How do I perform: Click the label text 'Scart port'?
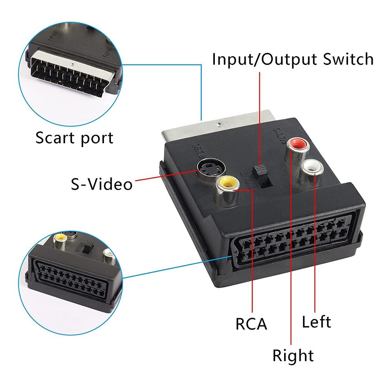[74, 138]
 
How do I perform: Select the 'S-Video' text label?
[101, 184]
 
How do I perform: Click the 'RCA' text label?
[251, 324]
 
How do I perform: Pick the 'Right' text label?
[293, 355]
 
